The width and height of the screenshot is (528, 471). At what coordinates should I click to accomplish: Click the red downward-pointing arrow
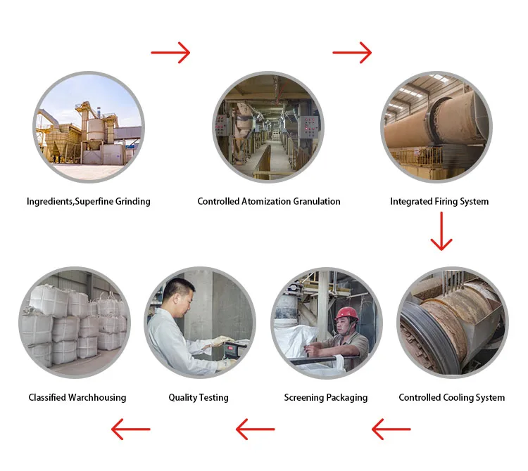point(441,231)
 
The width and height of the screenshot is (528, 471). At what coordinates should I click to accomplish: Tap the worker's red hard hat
point(346,314)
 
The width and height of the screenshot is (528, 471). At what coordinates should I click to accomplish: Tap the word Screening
point(304,398)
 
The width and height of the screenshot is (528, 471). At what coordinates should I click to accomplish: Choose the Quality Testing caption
point(199,398)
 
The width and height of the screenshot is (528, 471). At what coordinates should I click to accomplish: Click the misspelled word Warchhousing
point(97,398)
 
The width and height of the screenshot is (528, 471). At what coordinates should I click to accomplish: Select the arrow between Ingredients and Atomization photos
point(170,52)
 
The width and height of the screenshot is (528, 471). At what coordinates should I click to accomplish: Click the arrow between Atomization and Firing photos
point(352,52)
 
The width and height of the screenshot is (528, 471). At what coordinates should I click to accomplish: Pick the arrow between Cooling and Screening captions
point(391,428)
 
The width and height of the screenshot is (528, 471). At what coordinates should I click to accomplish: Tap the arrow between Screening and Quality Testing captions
point(255,428)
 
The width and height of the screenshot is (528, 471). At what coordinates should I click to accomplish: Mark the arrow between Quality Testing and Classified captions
point(131,428)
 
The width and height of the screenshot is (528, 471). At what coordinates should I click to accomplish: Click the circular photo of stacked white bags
point(75,323)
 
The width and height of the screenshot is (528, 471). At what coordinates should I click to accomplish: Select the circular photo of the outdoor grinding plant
point(89,127)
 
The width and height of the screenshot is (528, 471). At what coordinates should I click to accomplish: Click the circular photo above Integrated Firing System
point(436,127)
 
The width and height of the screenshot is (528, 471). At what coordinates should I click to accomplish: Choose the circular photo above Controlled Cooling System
point(452,323)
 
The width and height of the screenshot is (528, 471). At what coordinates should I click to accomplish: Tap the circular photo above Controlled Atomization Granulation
point(268,127)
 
